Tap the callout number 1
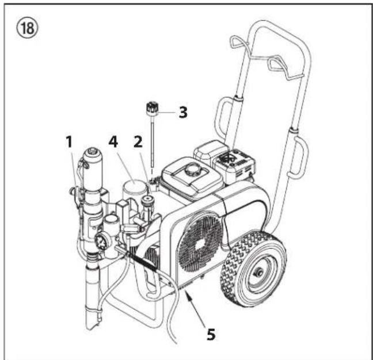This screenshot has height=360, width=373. coord(69,141)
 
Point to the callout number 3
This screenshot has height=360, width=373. coord(182,111)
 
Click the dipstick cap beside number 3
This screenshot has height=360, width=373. coord(153,108)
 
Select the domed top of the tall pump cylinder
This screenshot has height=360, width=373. coord(93,154)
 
